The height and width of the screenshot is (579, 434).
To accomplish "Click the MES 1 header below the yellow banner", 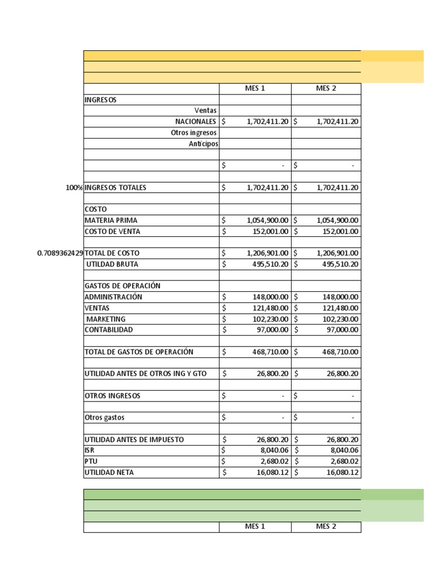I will (255, 89).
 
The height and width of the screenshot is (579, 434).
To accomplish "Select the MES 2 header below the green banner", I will (326, 527).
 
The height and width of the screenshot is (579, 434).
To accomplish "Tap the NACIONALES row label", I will (196, 122).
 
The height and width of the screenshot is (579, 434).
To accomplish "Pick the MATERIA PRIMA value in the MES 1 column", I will (267, 221).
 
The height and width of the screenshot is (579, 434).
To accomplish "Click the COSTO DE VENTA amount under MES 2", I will (337, 231).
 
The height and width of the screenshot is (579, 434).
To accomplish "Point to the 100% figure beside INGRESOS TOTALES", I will (73, 188).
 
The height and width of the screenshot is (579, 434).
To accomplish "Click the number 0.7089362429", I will (60, 253).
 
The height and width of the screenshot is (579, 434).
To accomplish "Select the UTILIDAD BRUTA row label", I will (111, 264).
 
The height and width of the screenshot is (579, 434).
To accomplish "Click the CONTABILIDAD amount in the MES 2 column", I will (340, 330).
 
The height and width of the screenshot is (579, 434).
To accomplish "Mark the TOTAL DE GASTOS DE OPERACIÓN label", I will (138, 352).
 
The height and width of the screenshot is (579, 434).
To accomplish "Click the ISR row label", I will (89, 451).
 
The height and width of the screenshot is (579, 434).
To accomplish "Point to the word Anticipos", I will (203, 144).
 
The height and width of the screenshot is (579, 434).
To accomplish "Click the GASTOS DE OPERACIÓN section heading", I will (122, 286).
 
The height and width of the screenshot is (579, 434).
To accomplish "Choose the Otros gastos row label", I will (105, 417).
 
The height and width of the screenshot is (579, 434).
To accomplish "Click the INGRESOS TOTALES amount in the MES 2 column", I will (331, 188).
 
